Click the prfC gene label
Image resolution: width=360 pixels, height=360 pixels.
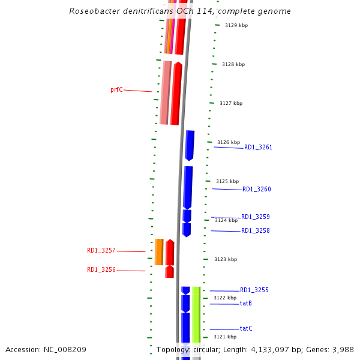pyautogui.click(x=116, y=90)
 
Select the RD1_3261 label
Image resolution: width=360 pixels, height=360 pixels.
pyautogui.click(x=258, y=147)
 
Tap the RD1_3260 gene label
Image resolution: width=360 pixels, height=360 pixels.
pyautogui.click(x=257, y=190)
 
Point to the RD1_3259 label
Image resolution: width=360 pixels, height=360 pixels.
pyautogui.click(x=256, y=217)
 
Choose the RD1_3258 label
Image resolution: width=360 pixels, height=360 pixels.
pyautogui.click(x=256, y=231)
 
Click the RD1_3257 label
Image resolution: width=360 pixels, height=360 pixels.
pyautogui.click(x=101, y=251)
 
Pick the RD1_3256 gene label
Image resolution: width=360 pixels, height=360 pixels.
pyautogui.click(x=101, y=270)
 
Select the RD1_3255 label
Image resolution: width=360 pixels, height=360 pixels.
pyautogui.click(x=254, y=290)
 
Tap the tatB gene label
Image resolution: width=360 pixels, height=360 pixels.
pyautogui.click(x=246, y=304)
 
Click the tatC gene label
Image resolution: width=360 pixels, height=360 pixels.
pyautogui.click(x=246, y=329)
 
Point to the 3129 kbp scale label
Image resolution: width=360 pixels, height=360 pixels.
pyautogui.click(x=236, y=26)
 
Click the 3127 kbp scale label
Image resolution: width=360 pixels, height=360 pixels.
pyautogui.click(x=231, y=104)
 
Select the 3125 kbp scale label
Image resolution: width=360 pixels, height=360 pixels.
pyautogui.click(x=227, y=181)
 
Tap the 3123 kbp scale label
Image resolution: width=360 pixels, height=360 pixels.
pyautogui.click(x=226, y=259)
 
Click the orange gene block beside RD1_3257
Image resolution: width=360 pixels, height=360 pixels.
pyautogui.click(x=159, y=252)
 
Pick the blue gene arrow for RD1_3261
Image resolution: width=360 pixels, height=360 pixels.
pyautogui.click(x=190, y=145)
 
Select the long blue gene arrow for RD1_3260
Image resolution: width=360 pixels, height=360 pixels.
pyautogui.click(x=188, y=187)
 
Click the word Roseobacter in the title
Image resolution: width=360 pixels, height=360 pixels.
pyautogui.click(x=94, y=11)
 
